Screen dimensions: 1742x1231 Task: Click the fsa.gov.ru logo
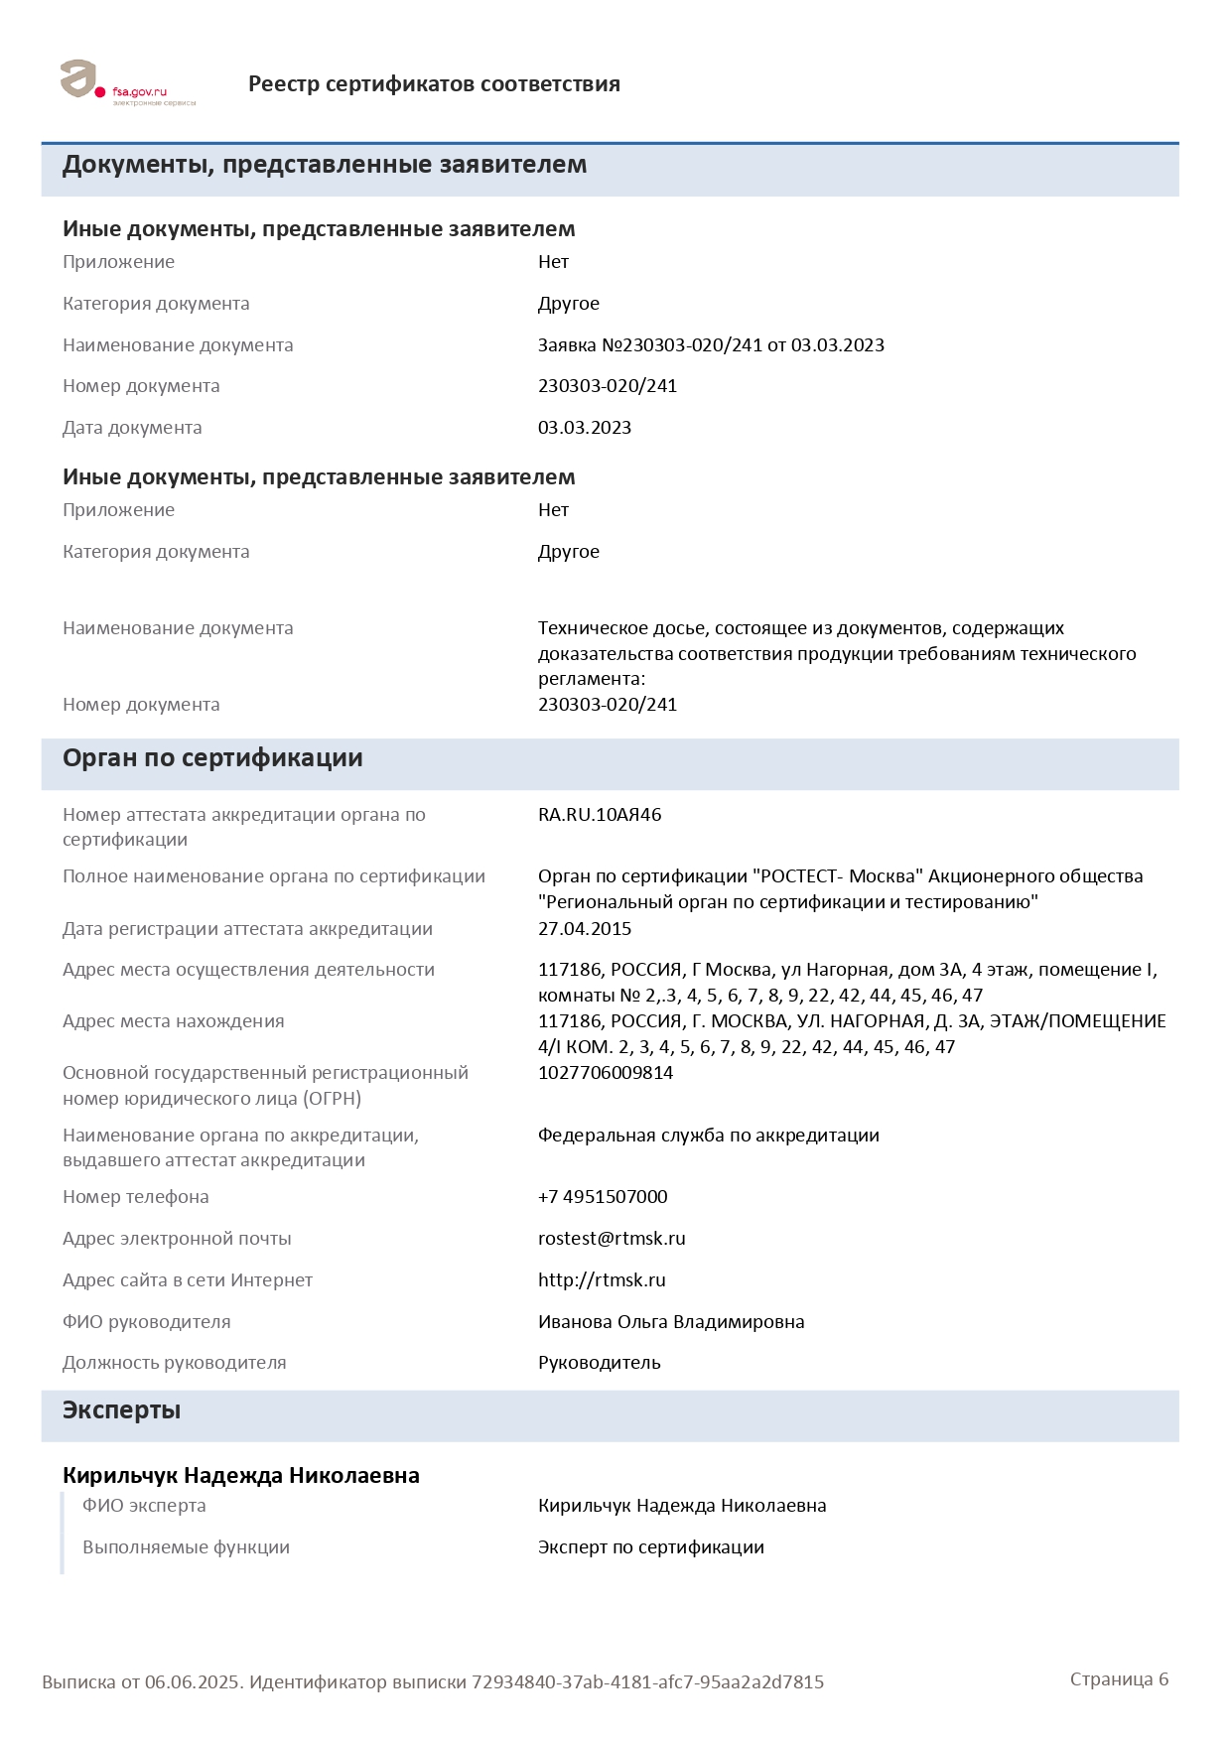pyautogui.click(x=127, y=83)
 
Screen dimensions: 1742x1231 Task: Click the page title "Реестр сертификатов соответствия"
pyautogui.click(x=434, y=84)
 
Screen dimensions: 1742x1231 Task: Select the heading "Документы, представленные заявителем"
pyautogui.click(x=325, y=165)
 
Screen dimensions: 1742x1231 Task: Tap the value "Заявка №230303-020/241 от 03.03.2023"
pyautogui.click(x=711, y=345)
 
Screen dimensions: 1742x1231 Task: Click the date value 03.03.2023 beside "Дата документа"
pyautogui.click(x=585, y=428)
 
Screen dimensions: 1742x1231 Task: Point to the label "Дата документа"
pyautogui.click(x=132, y=428)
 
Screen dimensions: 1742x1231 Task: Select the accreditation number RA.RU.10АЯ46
pyautogui.click(x=600, y=815)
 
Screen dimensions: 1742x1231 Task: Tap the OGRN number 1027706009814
pyautogui.click(x=606, y=1073)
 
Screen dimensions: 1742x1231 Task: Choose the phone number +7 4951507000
pyautogui.click(x=603, y=1197)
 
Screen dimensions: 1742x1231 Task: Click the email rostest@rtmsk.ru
pyautogui.click(x=612, y=1239)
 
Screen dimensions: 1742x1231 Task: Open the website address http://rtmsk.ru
pyautogui.click(x=602, y=1280)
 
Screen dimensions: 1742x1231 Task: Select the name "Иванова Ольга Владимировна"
pyautogui.click(x=671, y=1322)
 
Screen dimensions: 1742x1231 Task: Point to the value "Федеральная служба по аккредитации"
pyautogui.click(x=709, y=1136)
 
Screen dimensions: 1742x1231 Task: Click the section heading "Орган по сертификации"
pyautogui.click(x=212, y=758)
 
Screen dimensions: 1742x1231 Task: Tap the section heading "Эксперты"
pyautogui.click(x=121, y=1410)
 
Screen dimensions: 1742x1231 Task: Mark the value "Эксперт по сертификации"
pyautogui.click(x=651, y=1547)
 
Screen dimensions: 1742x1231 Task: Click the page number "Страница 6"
pyautogui.click(x=1119, y=1679)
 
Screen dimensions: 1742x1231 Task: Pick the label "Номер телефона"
pyautogui.click(x=136, y=1197)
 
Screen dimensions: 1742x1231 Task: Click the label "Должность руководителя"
pyautogui.click(x=175, y=1363)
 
